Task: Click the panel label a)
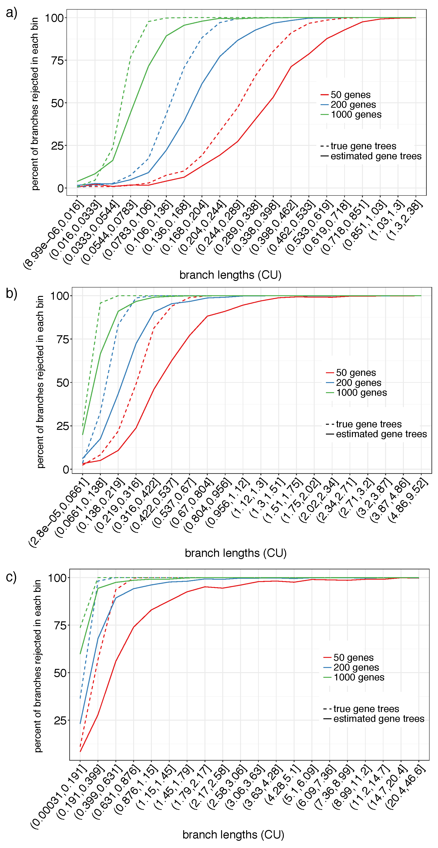click(11, 13)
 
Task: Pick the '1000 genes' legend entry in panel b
click(361, 393)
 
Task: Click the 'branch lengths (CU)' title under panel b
click(236, 553)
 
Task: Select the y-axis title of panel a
click(35, 104)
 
